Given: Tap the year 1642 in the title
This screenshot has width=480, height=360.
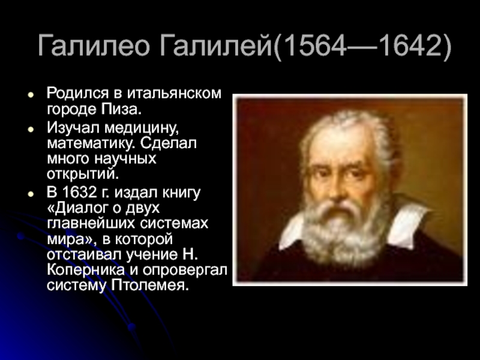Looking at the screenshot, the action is click(x=410, y=46).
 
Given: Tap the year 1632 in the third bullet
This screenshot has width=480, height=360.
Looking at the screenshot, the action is click(x=79, y=192).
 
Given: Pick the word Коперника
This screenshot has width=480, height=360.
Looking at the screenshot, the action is click(x=86, y=269).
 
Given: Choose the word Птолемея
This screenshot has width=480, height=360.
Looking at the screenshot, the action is click(x=149, y=286).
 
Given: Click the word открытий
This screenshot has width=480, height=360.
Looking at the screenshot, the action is click(x=82, y=175).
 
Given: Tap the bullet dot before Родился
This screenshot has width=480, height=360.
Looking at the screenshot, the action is click(x=31, y=95).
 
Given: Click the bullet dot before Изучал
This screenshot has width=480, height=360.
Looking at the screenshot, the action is click(x=31, y=130).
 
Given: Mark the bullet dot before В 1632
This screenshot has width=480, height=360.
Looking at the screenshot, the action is click(x=31, y=194).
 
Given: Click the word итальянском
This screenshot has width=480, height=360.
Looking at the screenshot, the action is click(x=174, y=93).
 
